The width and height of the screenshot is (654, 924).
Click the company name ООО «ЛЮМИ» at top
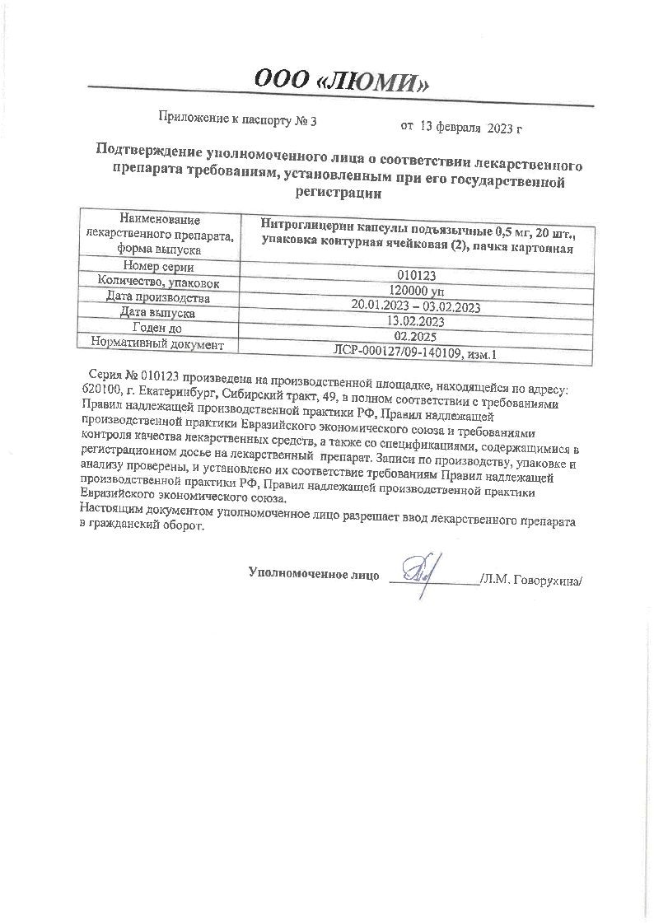click(342, 80)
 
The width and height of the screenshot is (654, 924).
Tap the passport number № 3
click(306, 120)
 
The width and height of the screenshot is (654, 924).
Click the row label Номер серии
click(157, 267)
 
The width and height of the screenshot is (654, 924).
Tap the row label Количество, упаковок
click(158, 282)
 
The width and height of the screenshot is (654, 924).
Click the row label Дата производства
click(157, 298)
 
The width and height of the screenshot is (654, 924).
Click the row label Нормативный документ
click(157, 343)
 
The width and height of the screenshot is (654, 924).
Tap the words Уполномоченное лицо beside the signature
click(314, 574)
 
